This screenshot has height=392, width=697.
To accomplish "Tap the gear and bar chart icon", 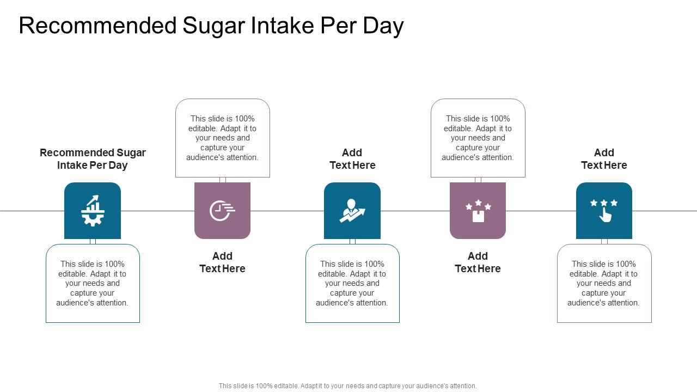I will click(x=93, y=211).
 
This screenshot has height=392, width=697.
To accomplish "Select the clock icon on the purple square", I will click(x=222, y=211).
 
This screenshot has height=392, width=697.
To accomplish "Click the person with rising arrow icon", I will click(x=352, y=211).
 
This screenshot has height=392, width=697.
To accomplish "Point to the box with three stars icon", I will click(x=478, y=211).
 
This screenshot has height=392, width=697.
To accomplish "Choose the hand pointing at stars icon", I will click(x=604, y=211).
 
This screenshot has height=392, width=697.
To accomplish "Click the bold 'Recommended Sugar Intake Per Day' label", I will click(x=93, y=159).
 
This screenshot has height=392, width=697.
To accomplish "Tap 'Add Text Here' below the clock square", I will click(x=222, y=262).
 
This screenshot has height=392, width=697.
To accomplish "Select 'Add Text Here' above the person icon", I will click(x=352, y=159).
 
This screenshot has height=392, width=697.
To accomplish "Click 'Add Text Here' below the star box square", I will click(x=478, y=262).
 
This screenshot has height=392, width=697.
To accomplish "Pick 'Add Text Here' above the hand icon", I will click(x=604, y=159).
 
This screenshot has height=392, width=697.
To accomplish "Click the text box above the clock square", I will click(x=222, y=138).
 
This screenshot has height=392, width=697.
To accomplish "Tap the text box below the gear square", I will click(x=93, y=283).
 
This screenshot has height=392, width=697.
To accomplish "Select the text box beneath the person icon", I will click(x=352, y=283).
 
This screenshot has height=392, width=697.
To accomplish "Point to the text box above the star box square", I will click(x=478, y=138).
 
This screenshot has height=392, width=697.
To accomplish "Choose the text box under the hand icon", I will click(x=604, y=283).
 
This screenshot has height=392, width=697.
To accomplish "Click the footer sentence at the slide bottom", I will click(x=348, y=386).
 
